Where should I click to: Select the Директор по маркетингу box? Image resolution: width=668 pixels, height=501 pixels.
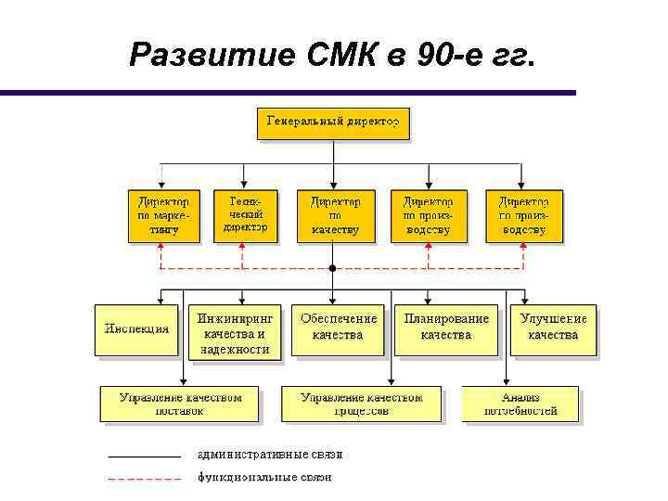(x=163, y=216)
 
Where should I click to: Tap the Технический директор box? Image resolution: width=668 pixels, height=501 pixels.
(x=246, y=215)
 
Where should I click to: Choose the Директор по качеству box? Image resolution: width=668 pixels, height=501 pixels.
(x=335, y=216)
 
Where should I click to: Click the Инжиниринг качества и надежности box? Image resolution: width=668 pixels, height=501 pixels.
(x=235, y=333)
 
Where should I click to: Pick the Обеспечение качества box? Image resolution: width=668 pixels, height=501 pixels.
(x=338, y=328)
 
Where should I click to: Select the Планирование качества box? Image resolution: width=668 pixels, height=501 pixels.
(x=446, y=328)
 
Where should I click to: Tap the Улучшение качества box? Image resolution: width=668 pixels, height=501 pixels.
(x=553, y=328)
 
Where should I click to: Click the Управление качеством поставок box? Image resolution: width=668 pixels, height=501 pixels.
(x=180, y=405)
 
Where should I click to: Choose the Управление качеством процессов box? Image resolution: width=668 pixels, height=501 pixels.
(x=361, y=405)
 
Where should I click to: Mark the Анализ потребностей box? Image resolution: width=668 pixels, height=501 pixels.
(x=520, y=404)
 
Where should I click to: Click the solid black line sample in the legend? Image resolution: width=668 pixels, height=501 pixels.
(x=144, y=456)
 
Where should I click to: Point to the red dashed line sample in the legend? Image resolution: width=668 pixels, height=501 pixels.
(x=144, y=480)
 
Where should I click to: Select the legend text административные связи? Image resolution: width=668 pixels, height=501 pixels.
(x=270, y=455)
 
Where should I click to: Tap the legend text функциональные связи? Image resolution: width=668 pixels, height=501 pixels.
(x=264, y=478)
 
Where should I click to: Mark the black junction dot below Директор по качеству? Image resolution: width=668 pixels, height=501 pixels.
(x=332, y=269)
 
